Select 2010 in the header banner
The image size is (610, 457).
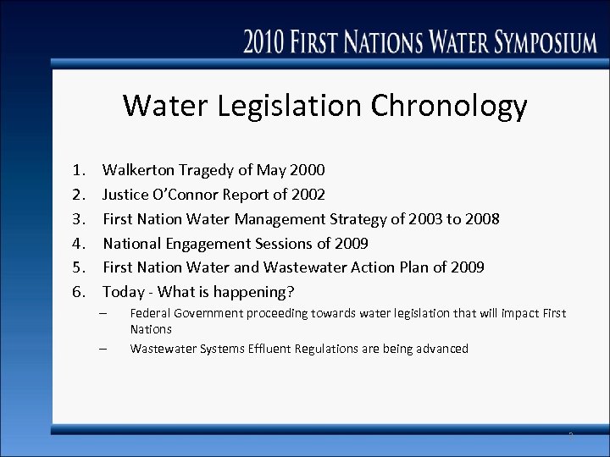[x=267, y=42]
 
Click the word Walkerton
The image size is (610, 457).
[x=140, y=170]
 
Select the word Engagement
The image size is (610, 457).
[x=209, y=244]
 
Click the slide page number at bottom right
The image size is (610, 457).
[x=570, y=435]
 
